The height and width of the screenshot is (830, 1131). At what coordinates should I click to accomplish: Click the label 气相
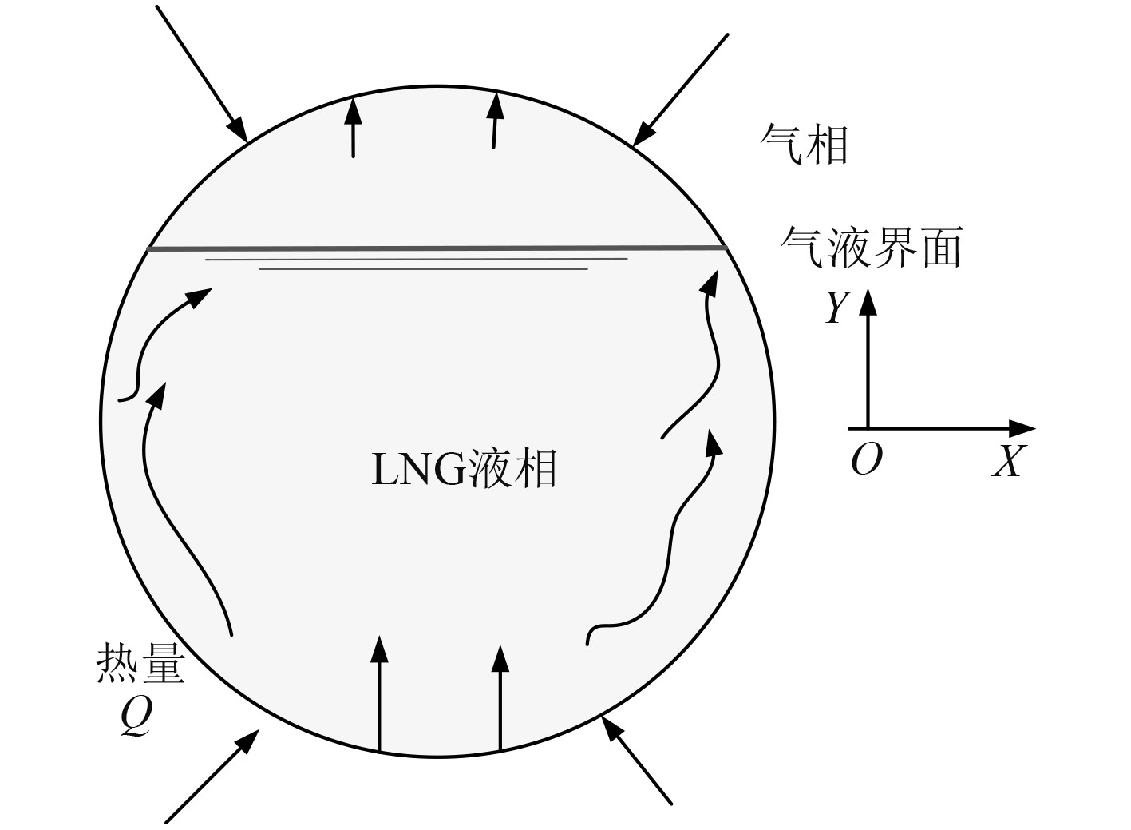804,145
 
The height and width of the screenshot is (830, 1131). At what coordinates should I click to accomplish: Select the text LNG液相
464,469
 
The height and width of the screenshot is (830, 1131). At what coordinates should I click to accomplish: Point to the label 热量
140,662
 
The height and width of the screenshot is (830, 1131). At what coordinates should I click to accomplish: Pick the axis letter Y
836,308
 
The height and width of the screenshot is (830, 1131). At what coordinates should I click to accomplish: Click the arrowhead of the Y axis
868,300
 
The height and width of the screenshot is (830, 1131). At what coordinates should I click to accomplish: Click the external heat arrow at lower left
212,776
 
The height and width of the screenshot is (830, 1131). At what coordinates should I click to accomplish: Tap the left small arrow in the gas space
353,128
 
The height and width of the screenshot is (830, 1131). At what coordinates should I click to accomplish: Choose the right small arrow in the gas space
496,121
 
